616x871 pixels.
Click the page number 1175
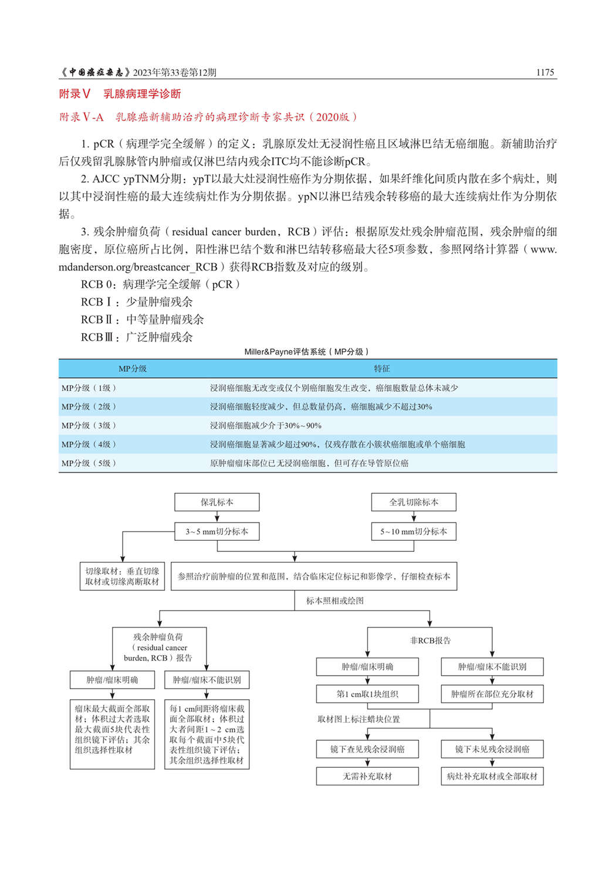pyautogui.click(x=544, y=72)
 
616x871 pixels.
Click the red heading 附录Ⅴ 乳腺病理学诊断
pyautogui.click(x=120, y=94)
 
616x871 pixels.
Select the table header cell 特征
pyautogui.click(x=381, y=368)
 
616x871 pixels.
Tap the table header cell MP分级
pyautogui.click(x=132, y=368)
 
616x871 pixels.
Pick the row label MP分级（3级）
pyautogui.click(x=89, y=425)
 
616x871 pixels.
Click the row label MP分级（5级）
pyautogui.click(x=89, y=463)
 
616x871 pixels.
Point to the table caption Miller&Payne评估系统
pyautogui.click(x=306, y=351)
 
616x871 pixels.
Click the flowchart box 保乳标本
pyautogui.click(x=217, y=502)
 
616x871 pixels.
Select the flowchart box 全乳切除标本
pyautogui.click(x=414, y=502)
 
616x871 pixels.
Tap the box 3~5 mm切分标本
pyautogui.click(x=217, y=531)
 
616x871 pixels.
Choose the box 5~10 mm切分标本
pyautogui.click(x=414, y=531)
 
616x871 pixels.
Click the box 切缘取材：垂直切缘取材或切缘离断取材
pyautogui.click(x=122, y=576)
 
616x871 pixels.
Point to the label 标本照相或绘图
pyautogui.click(x=335, y=601)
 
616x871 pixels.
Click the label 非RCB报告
pyautogui.click(x=430, y=640)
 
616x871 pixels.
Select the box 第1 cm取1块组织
pyautogui.click(x=367, y=694)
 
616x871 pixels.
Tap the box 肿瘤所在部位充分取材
pyautogui.click(x=492, y=694)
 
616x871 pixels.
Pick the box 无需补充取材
pyautogui.click(x=367, y=776)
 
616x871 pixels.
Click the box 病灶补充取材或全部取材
pyautogui.click(x=492, y=776)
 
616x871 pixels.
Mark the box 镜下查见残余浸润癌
pyautogui.click(x=367, y=749)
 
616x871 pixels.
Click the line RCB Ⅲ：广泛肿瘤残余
pyautogui.click(x=137, y=337)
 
